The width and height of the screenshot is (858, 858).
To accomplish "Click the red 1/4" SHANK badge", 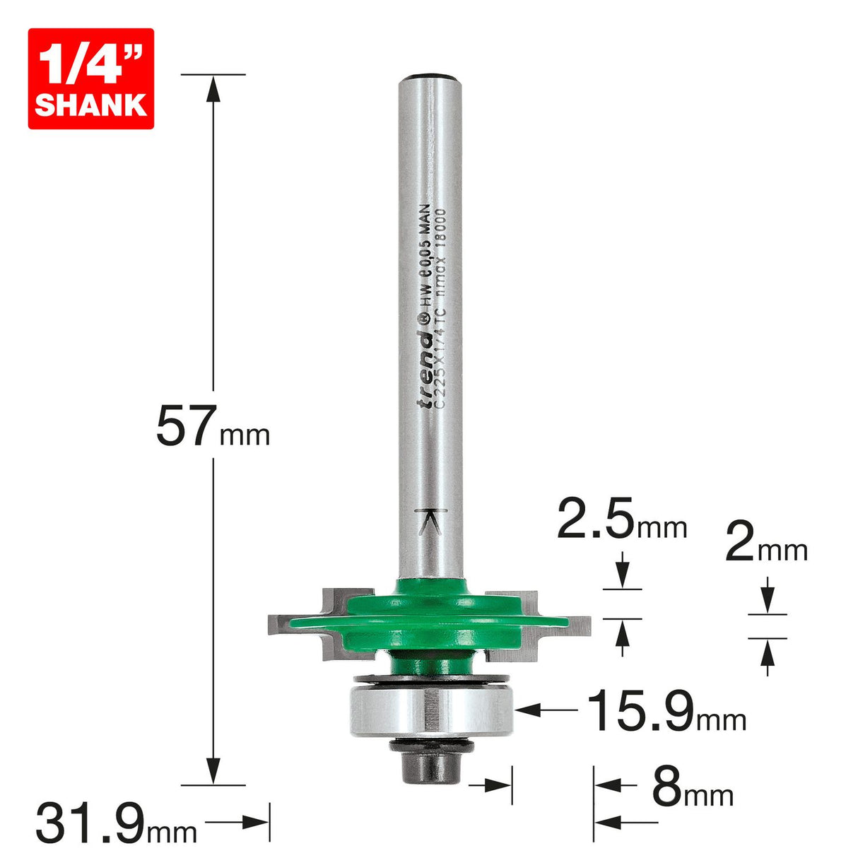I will [x=90, y=78].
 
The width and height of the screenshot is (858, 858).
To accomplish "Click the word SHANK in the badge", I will [x=90, y=105].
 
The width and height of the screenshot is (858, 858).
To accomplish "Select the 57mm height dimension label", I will [x=212, y=427].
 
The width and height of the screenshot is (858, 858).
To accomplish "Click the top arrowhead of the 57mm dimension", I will [x=213, y=87].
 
